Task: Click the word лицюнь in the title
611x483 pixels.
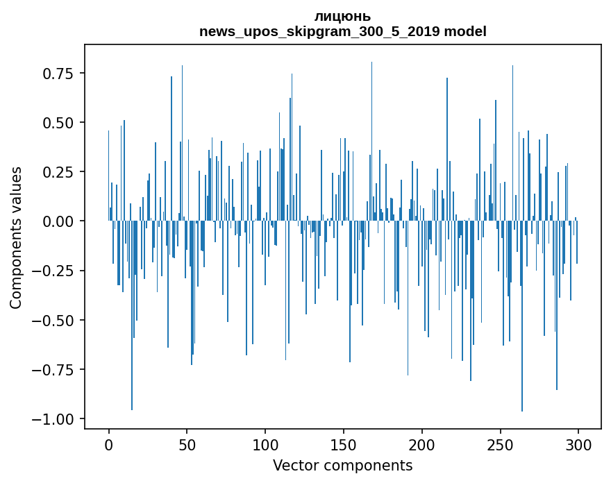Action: tap(342, 17)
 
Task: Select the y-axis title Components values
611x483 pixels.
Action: tap(16, 237)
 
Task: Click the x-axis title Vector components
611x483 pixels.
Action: tap(342, 466)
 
